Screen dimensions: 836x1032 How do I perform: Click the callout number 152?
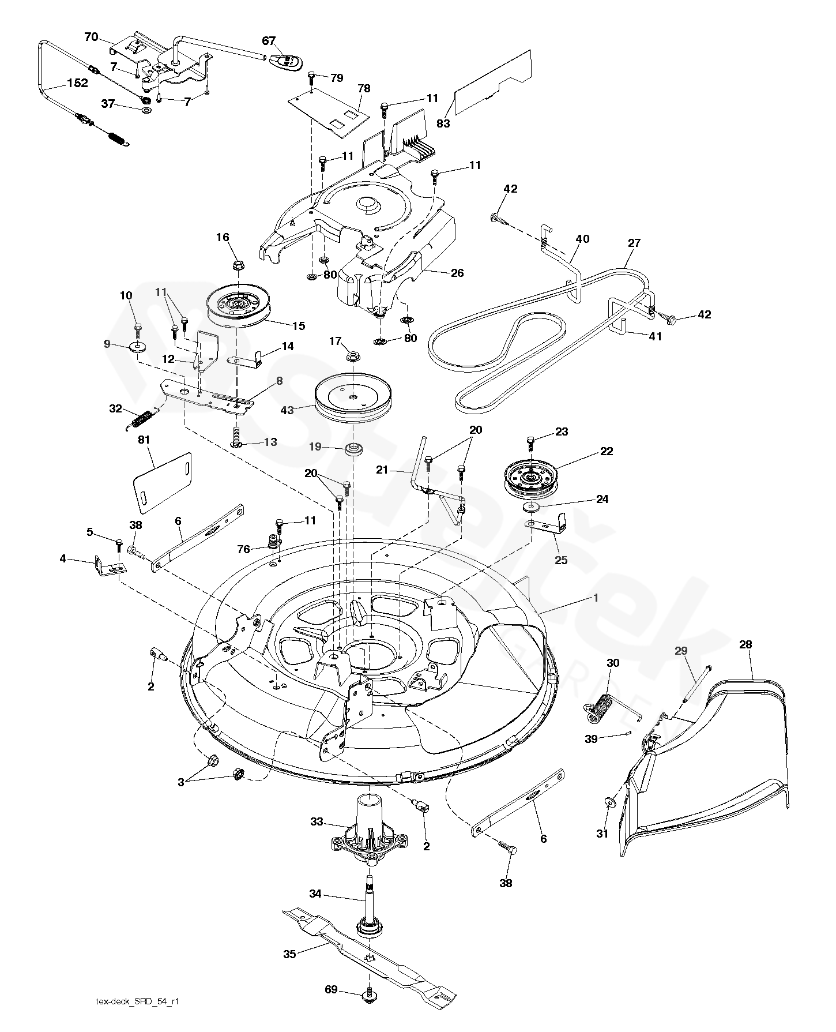tap(77, 83)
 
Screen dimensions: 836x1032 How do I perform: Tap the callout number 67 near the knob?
tap(269, 41)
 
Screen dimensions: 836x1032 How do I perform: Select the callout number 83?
tap(443, 123)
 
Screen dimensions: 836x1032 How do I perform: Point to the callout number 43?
tap(287, 410)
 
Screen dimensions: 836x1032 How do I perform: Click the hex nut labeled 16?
tap(239, 266)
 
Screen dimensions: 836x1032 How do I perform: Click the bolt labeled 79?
tap(311, 76)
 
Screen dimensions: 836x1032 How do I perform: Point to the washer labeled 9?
tap(137, 347)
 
